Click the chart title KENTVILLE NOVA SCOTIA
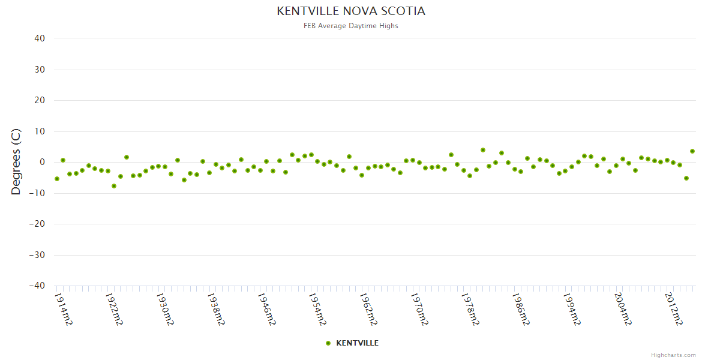tap(351, 11)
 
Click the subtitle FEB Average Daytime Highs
tap(351, 26)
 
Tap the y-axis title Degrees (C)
tap(16, 162)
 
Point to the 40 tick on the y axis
tap(40, 38)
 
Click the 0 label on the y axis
tap(42, 162)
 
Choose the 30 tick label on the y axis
tap(40, 70)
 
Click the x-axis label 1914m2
tap(63, 309)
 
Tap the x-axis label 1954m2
tap(317, 309)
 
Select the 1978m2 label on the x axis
tap(469, 309)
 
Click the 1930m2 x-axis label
tap(164, 309)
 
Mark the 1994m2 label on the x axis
tap(571, 309)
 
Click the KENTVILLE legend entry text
tap(357, 343)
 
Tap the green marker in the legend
tap(328, 343)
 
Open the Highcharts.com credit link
tap(673, 355)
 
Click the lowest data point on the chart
tap(114, 186)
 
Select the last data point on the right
tap(692, 151)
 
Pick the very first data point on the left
tap(57, 179)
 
